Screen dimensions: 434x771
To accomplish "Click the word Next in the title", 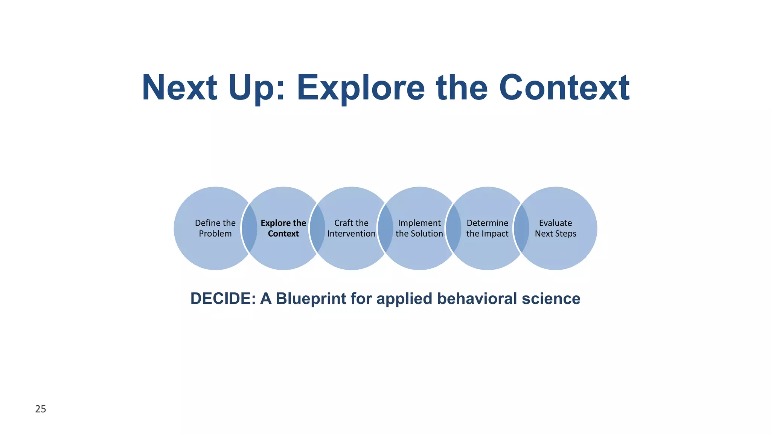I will (180, 88).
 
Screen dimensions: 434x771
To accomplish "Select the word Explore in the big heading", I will (361, 88).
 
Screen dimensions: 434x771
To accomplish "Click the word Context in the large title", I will (564, 88).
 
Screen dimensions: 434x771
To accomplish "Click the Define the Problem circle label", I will (215, 228).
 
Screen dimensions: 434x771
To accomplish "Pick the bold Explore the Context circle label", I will (283, 228).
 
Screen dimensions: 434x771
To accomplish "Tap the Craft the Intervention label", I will (351, 228).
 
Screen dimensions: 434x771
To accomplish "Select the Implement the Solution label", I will (419, 228).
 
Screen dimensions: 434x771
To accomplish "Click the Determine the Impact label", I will (487, 228).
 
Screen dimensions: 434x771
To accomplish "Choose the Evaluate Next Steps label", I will (555, 228).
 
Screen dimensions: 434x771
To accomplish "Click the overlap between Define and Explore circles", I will (249, 228).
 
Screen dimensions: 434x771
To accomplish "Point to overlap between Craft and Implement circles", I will (385, 228).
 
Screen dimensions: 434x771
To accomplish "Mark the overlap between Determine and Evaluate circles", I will (521, 228).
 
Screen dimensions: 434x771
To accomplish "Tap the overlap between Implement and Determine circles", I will (453, 228).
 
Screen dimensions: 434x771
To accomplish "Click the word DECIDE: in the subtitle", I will (223, 299).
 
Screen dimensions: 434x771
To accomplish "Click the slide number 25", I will (41, 409).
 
